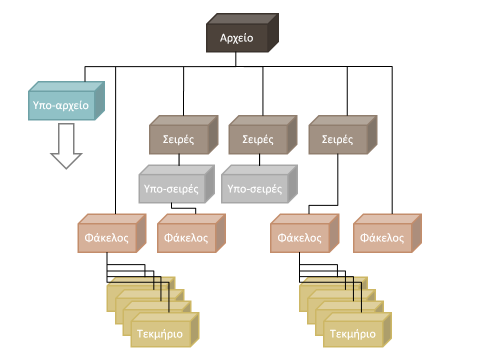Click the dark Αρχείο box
coord(237,38)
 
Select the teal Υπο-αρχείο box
coord(61,105)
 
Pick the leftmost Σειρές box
coord(178,139)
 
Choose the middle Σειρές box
coord(258,139)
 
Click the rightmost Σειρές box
coord(337,139)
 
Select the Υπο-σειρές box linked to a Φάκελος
coord(171,189)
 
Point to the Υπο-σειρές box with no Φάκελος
coord(254,189)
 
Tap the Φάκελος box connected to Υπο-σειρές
coord(186,237)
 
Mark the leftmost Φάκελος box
coord(107,237)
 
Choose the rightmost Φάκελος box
coord(382,237)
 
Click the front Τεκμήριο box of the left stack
coord(160,333)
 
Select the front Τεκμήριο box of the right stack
coord(353,333)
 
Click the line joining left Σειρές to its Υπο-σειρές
coord(179,159)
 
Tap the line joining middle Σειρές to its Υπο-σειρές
coord(259,159)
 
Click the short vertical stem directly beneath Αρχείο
coord(235,59)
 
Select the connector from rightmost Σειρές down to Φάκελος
coord(339,180)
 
